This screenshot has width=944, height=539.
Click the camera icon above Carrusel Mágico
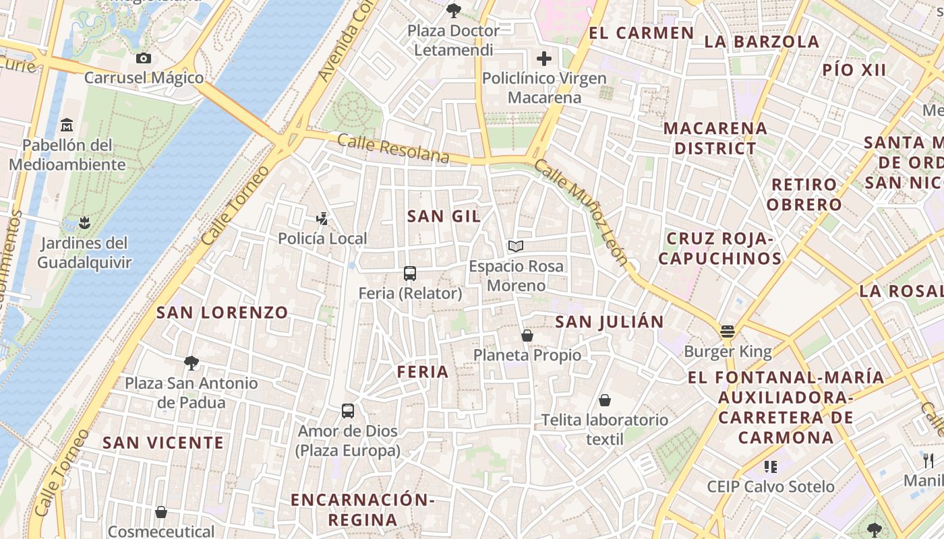coord(143,59)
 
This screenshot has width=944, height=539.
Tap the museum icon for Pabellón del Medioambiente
coord(67,125)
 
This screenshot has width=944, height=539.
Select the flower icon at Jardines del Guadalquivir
coord(84,222)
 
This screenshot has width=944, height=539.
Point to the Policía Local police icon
coord(322,218)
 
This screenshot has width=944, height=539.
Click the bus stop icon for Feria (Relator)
coord(410,274)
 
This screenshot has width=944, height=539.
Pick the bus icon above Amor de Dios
coord(348,411)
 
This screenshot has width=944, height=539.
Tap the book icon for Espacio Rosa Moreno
coord(516,247)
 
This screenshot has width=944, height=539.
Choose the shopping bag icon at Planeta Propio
coord(527,335)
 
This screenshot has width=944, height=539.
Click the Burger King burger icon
coord(727,331)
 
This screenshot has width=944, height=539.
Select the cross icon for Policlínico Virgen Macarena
coord(544,59)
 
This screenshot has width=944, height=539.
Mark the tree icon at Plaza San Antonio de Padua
coord(191,363)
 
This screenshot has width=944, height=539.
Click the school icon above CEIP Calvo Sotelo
coord(771,466)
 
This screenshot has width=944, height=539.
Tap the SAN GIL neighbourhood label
coord(444,216)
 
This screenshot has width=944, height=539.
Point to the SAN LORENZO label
coord(223,313)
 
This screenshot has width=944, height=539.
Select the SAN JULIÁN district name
coord(610,322)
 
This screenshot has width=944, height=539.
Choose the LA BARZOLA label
coord(762,42)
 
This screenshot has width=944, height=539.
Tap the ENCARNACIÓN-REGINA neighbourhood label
coord(362,509)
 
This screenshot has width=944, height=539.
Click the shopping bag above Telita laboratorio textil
coord(605,400)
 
